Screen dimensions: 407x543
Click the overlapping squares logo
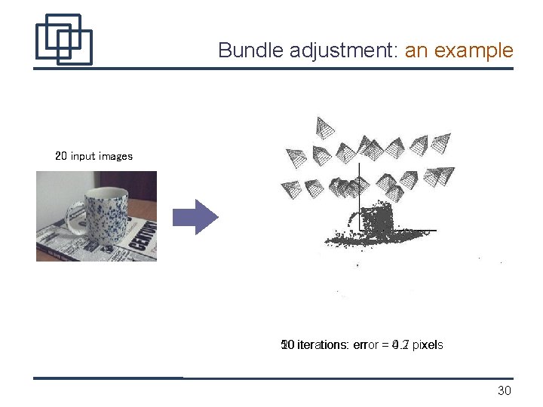(x=63, y=39)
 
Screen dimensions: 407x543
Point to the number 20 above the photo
(x=61, y=156)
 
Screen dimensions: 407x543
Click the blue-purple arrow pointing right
(x=195, y=217)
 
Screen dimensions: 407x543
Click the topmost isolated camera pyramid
(x=324, y=127)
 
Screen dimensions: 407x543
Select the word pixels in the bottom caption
(x=428, y=345)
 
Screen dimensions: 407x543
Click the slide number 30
(x=505, y=390)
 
